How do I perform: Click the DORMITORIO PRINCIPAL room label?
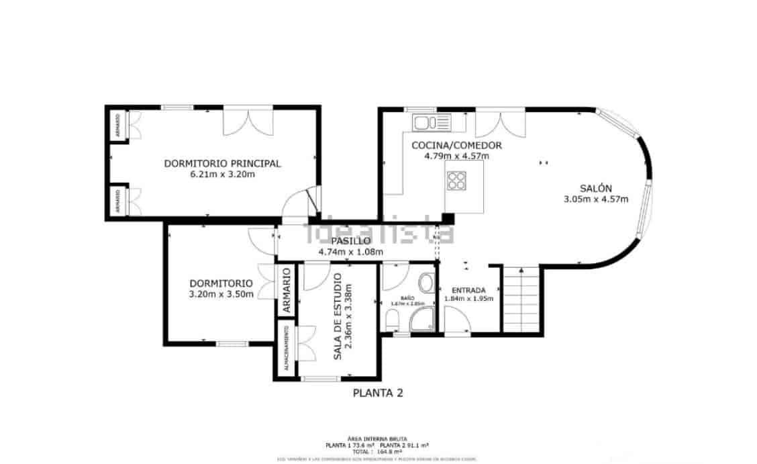222,163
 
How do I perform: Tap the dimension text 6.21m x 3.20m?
222,175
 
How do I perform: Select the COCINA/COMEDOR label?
456,145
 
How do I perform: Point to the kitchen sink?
432,122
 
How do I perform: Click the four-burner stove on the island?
458,180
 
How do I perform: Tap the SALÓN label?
595,188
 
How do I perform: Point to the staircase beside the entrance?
521,299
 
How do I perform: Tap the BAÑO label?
408,297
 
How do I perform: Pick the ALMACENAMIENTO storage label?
286,349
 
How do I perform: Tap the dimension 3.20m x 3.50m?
221,294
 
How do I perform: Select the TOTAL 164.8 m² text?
377,452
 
